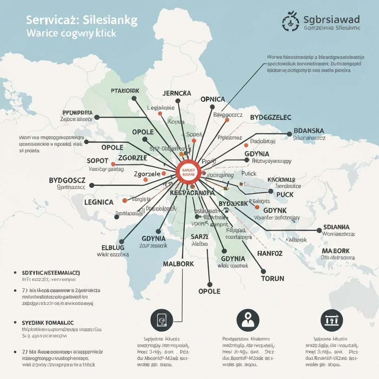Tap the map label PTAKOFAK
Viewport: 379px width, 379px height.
click(125, 90)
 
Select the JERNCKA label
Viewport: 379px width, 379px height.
click(177, 93)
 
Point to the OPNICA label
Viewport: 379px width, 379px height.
click(212, 99)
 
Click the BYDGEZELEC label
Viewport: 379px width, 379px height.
click(271, 117)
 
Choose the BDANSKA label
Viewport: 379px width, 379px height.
click(309, 131)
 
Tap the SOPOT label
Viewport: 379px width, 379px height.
click(97, 161)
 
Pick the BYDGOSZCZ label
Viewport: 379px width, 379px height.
click(67, 180)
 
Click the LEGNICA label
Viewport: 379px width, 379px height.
click(99, 202)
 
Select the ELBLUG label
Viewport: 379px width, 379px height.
click(113, 247)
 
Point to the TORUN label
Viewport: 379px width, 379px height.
click(272, 279)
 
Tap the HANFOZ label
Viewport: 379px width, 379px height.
click(270, 254)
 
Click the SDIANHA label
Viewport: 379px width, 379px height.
click(336, 227)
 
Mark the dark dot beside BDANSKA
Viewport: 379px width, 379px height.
click(289, 134)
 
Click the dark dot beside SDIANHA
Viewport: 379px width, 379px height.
click(319, 230)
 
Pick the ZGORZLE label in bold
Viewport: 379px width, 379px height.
click(133, 158)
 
